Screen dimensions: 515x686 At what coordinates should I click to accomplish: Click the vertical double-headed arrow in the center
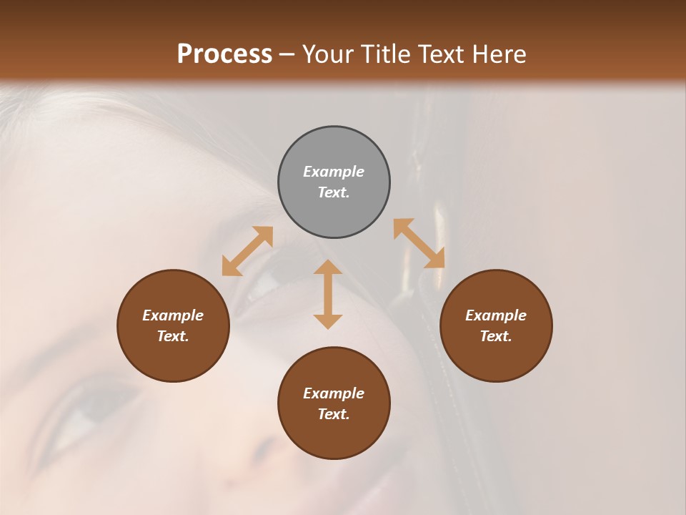click(x=328, y=294)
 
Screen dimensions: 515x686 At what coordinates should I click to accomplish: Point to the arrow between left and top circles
click(x=247, y=251)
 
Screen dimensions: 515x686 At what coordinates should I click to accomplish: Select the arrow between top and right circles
click(x=419, y=243)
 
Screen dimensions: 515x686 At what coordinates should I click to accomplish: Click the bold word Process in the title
click(x=224, y=54)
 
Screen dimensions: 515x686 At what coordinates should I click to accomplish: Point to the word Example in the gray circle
click(x=334, y=172)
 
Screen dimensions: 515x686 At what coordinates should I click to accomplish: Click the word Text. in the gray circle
click(x=334, y=192)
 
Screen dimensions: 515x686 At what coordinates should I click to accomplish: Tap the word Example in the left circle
click(x=173, y=315)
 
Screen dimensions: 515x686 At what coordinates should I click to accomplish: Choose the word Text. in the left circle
click(x=173, y=336)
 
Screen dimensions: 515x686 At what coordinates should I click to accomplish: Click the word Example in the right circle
click(x=496, y=315)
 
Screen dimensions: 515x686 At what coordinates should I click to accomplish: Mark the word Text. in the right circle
click(x=496, y=336)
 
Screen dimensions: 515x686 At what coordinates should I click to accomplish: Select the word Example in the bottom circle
click(x=334, y=393)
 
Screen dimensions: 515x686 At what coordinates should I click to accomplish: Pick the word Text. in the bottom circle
click(x=334, y=414)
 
